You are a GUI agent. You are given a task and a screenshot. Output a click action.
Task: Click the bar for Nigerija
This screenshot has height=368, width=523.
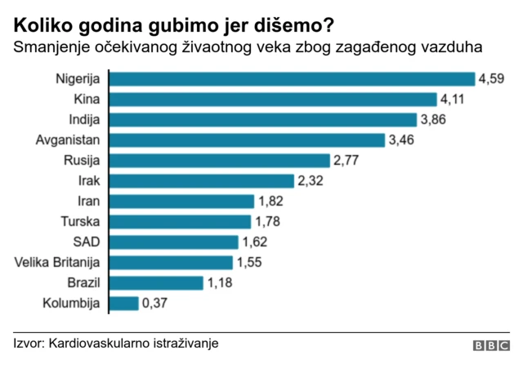[292, 79]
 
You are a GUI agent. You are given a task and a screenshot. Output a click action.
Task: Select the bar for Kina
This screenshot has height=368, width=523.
[273, 100]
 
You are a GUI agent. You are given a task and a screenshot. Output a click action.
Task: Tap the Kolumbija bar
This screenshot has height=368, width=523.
[123, 304]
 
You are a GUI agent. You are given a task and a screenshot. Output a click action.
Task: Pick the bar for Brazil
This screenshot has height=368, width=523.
[155, 283]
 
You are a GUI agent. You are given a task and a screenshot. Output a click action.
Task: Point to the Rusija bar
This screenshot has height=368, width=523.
[219, 161]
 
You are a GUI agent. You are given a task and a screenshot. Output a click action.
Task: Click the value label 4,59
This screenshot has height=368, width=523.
[493, 79]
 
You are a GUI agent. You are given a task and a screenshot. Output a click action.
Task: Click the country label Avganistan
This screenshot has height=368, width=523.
[68, 140]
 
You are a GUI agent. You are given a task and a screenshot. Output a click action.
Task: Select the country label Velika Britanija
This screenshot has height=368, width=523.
[57, 263]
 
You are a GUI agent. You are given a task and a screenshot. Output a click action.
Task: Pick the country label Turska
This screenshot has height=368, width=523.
[80, 222]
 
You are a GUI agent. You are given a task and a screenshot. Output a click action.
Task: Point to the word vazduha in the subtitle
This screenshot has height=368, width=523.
[451, 48]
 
